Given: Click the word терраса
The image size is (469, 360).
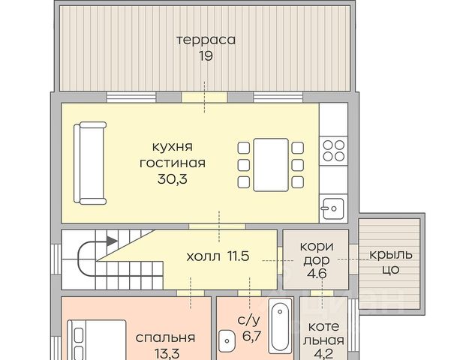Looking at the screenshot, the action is coord(206,40).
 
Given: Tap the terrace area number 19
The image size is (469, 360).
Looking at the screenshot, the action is coord(206,56).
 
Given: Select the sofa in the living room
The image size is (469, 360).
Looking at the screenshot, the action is coord(90,163).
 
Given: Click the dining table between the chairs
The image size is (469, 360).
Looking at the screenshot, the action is coord(271,165).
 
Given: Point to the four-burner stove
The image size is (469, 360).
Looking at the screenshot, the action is coord(333,151).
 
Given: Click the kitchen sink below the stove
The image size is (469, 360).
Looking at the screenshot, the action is coord(333,208).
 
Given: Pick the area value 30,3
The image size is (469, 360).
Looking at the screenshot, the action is coord(173,179).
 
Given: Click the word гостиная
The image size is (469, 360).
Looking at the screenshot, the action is coord(173,163).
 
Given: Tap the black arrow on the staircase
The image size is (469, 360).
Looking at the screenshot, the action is coord(112,241).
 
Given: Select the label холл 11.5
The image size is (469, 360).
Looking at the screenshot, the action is coord(218,256).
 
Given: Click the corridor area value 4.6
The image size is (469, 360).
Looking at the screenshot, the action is coord(317,274).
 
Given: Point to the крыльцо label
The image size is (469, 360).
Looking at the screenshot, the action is coord(391,262).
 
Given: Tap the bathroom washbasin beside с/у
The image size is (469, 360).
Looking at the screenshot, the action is coord(227,340).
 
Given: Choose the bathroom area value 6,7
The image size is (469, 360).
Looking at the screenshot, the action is coord(252,336).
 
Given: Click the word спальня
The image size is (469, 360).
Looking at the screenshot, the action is coord(165,337).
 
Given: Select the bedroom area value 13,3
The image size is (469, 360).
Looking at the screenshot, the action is coord(167,354).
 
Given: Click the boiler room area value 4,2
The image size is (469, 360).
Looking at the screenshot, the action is coord(323,354).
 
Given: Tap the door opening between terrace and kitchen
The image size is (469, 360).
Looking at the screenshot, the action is coord(205,97).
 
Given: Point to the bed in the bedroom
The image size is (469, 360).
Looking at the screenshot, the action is coord(96,340).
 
